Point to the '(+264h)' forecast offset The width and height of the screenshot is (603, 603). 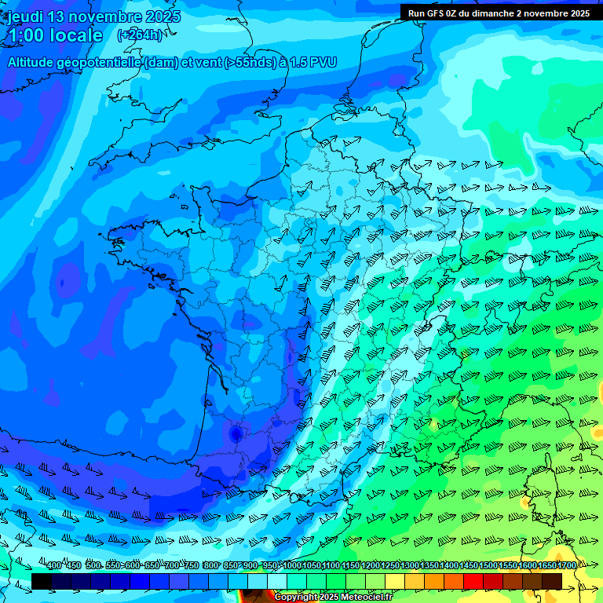coord(140,35)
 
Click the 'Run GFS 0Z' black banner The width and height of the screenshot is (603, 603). coord(500,13)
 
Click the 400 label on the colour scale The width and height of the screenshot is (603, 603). coord(53,566)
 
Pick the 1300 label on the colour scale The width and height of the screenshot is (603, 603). coord(409,566)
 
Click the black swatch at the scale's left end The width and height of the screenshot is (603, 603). coord(41,581)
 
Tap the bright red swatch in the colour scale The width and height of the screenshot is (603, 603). coord(473,581)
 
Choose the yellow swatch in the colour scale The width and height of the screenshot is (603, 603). coord(395,581)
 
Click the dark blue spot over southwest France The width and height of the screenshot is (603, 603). coord(235,433)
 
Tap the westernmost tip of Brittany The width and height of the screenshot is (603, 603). coord(111,233)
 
